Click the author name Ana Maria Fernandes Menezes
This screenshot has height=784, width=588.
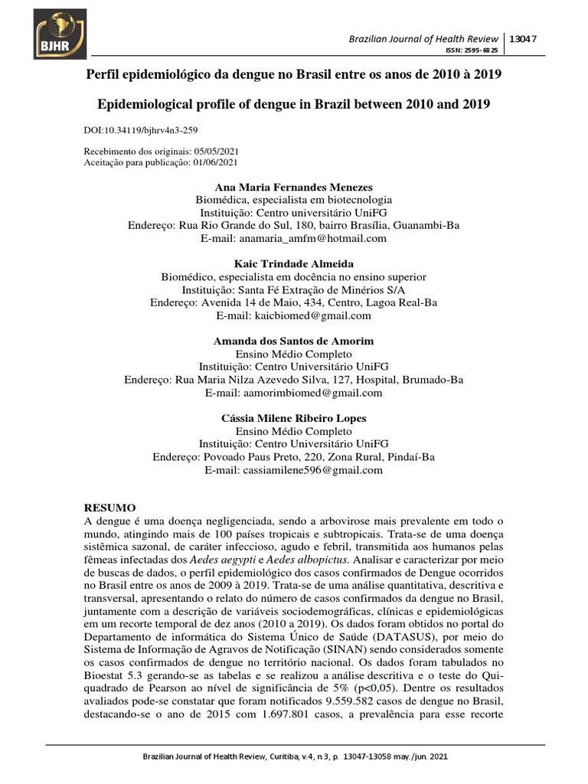pyautogui.click(x=294, y=187)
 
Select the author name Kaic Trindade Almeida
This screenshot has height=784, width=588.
pyautogui.click(x=294, y=264)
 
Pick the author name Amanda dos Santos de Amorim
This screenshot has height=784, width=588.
pyautogui.click(x=294, y=341)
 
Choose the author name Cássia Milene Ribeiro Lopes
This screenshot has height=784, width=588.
pyautogui.click(x=294, y=418)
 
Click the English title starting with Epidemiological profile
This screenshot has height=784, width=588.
pyautogui.click(x=294, y=103)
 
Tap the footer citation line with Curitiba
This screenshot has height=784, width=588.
pyautogui.click(x=294, y=756)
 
